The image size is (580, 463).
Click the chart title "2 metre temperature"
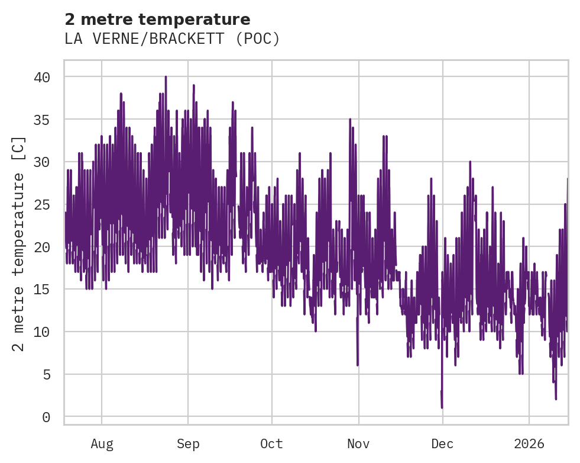157,20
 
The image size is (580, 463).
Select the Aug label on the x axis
102,444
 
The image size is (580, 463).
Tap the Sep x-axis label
188,444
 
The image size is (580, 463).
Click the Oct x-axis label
271,444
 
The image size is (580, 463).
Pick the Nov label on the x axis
358,444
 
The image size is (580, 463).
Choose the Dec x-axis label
442,444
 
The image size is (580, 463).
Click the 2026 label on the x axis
529,444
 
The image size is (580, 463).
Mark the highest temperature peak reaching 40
166,78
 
